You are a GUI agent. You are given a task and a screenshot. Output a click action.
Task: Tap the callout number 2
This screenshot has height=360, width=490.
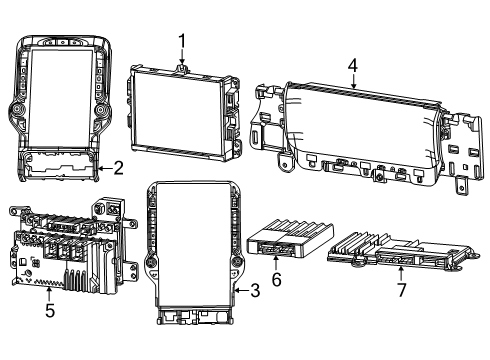[x=118, y=168]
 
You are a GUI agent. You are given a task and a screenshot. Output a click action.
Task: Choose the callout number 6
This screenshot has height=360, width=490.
[x=277, y=282]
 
